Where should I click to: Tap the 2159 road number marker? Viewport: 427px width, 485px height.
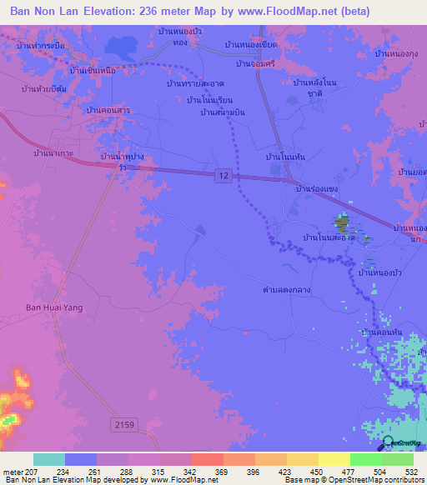(123, 425)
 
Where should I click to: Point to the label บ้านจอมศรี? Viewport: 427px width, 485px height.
(256, 63)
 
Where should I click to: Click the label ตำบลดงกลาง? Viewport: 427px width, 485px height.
(288, 291)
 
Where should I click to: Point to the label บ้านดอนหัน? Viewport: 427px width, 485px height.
(382, 332)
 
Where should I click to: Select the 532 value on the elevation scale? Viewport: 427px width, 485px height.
(413, 472)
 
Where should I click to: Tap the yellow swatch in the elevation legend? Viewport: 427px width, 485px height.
(334, 459)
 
